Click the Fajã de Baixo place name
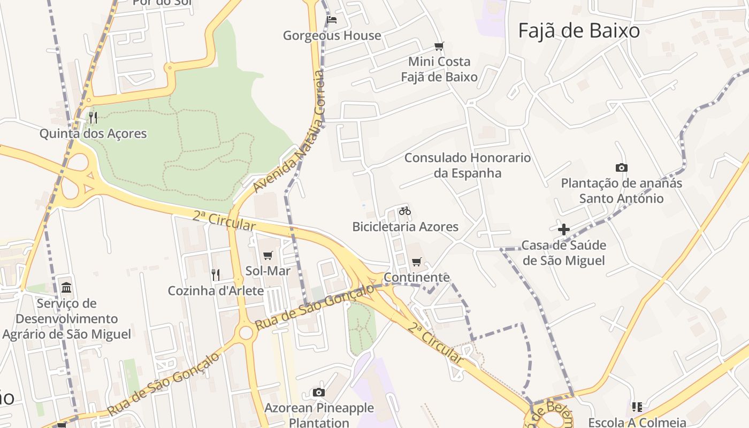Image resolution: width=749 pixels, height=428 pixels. point(579,30)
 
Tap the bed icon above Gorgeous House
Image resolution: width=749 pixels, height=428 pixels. point(332,20)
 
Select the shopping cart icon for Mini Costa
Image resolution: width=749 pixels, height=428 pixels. point(439,47)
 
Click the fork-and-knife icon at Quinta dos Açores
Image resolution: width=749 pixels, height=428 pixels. point(93,117)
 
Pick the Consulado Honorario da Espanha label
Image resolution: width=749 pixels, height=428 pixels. point(468,165)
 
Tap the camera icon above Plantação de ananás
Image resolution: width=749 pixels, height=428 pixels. point(621,167)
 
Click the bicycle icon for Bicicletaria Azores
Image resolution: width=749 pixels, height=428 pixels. point(405,211)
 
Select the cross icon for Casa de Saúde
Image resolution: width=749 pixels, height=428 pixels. point(563,230)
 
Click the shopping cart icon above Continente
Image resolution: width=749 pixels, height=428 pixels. point(417,262)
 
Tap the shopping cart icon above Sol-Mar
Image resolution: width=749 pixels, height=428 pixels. point(268,256)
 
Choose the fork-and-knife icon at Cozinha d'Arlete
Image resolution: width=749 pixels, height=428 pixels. point(216,275)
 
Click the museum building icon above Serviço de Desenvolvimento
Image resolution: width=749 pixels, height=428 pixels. point(66,288)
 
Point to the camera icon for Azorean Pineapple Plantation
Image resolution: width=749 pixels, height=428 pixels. point(319,393)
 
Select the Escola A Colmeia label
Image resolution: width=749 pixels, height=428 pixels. point(637,423)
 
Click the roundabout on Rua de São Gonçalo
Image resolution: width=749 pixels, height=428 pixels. point(246,333)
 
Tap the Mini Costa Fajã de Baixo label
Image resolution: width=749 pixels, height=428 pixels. point(439,69)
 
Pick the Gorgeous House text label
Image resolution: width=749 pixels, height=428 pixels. point(332,36)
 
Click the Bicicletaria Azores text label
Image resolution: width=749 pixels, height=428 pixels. point(405,226)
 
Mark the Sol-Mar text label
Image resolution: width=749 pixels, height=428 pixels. point(268,271)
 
